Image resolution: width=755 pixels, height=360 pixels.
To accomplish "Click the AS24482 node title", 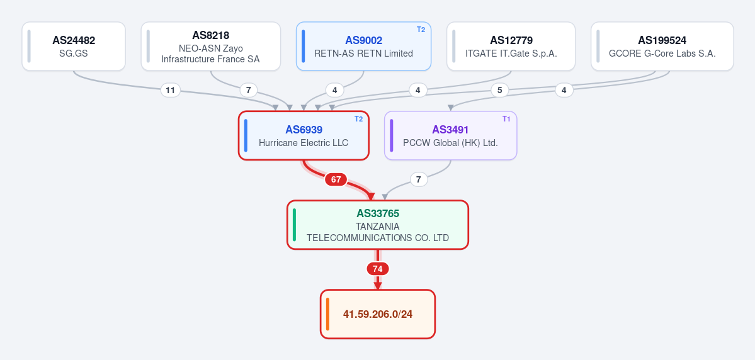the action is pos(74,40).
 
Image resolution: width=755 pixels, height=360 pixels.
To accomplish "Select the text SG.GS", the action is pos(74,53).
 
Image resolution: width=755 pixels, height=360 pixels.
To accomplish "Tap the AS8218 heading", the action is pos(210,35).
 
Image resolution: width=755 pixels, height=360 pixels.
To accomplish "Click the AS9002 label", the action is pos(363,40).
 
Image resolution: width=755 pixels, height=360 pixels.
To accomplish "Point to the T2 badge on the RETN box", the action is pos(421,30).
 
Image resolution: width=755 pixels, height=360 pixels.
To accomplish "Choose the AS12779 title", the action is pos(511,40).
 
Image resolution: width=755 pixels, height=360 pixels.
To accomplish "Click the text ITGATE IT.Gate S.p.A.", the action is pos(511,53).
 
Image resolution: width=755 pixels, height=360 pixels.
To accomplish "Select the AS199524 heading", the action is pos(662,40).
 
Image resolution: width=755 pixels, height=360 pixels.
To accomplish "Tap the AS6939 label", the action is pos(304,130).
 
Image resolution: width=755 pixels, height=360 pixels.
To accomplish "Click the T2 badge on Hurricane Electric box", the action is pos(359,119).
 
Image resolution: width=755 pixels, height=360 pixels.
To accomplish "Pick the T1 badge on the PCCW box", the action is pos(506,119).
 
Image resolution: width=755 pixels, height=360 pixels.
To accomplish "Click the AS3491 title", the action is pos(450,130).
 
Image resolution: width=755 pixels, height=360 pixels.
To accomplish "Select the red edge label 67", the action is pos(336,179).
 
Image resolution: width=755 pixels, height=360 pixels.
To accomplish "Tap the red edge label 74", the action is pos(378,269).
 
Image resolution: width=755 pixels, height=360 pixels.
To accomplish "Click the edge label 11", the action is pos(171,90).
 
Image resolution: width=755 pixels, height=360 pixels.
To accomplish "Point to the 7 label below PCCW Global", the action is pos(419,179).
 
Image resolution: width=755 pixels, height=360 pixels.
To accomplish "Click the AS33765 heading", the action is pos(378,213).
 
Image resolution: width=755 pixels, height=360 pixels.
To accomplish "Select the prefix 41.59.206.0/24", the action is pos(378,314).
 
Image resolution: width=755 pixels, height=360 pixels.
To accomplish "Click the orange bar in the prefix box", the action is pos(327,314).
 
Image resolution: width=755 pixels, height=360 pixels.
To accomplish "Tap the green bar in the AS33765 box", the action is pos(294,225).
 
